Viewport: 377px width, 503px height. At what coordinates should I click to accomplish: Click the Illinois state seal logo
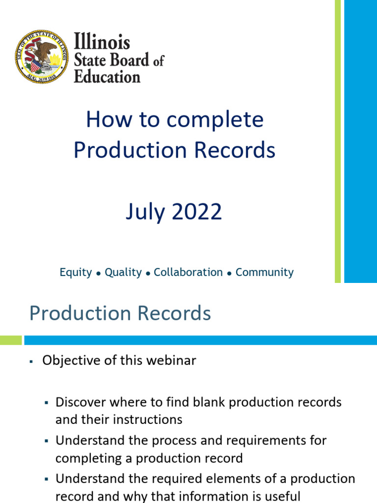(x=41, y=56)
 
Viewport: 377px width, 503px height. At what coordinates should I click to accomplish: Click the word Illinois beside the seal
(x=102, y=41)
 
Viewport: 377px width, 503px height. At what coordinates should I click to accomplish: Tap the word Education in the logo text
(x=107, y=77)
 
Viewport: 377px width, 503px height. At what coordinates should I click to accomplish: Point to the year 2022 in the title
(x=196, y=212)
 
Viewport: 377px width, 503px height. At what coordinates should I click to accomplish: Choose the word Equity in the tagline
(x=76, y=272)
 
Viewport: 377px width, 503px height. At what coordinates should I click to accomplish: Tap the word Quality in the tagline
(x=123, y=272)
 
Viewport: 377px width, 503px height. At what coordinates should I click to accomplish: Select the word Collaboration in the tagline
(x=188, y=272)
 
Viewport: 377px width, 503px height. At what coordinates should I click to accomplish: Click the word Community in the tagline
(x=265, y=272)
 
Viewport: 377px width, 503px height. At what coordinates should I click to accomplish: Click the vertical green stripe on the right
(x=338, y=141)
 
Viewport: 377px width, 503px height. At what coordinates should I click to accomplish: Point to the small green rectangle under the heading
(x=11, y=340)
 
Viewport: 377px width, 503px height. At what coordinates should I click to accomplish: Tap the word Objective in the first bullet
(x=69, y=361)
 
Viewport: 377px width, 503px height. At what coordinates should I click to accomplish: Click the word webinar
(x=172, y=361)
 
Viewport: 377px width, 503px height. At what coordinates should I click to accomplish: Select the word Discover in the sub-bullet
(x=79, y=402)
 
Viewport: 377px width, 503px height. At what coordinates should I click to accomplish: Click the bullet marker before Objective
(x=30, y=362)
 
